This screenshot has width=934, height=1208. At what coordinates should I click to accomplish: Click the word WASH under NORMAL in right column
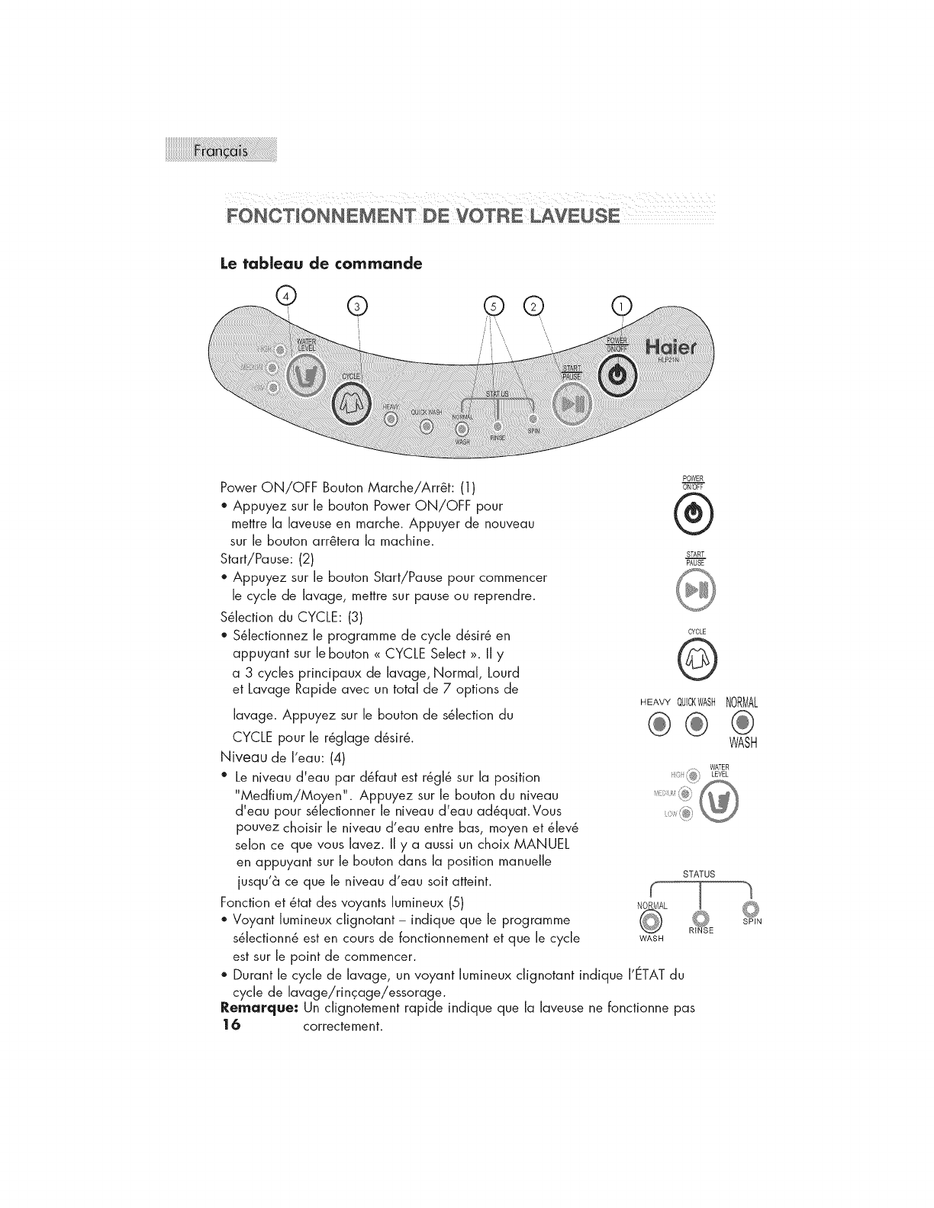pos(742,743)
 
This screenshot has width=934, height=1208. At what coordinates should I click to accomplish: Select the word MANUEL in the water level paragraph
pos(533,845)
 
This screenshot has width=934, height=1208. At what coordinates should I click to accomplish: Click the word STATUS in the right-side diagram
pos(700,874)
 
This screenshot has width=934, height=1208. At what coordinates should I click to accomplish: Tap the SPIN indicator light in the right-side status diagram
pos(750,908)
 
